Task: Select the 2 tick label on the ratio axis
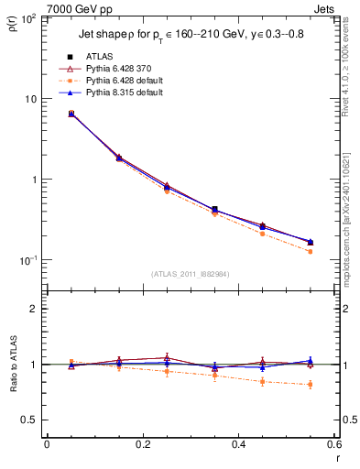[35, 309]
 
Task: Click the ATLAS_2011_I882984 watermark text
[191, 274]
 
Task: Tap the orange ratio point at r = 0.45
[262, 381]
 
